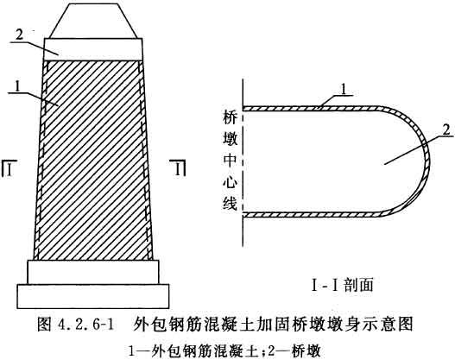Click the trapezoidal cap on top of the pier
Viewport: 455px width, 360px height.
pyautogui.click(x=93, y=21)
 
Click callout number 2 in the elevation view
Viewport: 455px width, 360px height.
pyautogui.click(x=19, y=35)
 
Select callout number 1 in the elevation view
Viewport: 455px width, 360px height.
pyautogui.click(x=18, y=85)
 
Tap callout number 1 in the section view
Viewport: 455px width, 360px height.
pyautogui.click(x=344, y=90)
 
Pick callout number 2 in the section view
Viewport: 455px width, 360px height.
pyautogui.click(x=447, y=129)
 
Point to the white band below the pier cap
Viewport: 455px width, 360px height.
pyautogui.click(x=93, y=49)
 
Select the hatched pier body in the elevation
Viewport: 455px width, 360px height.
pyautogui.click(x=93, y=160)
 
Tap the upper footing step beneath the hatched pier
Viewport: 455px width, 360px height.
pyautogui.click(x=93, y=272)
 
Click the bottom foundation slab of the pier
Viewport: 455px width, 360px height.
pyautogui.click(x=93, y=296)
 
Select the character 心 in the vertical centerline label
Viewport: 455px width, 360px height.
pyautogui.click(x=231, y=182)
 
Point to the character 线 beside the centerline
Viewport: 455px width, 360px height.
pyautogui.click(x=231, y=204)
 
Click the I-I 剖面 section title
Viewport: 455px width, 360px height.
pyautogui.click(x=342, y=285)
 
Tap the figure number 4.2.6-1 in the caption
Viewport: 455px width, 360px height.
pyautogui.click(x=85, y=324)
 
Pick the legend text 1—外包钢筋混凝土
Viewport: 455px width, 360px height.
pyautogui.click(x=193, y=351)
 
